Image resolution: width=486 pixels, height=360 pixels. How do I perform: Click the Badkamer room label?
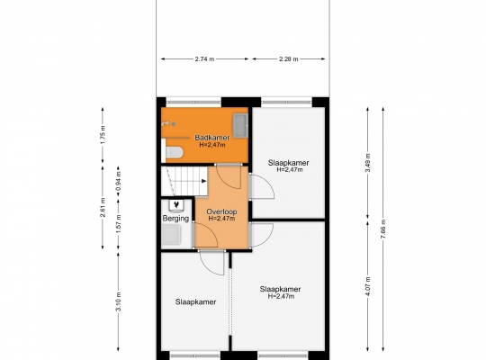212,138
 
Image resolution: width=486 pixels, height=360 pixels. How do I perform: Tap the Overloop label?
221,211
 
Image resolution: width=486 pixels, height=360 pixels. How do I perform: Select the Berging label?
175,219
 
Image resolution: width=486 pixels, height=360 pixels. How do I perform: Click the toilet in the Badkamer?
175,152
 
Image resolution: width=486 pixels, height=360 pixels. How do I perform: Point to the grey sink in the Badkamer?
240,125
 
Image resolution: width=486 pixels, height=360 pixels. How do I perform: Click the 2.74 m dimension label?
204,58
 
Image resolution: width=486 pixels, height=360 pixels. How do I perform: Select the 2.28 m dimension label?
289,58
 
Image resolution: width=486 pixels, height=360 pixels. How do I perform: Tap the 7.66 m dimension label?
383,229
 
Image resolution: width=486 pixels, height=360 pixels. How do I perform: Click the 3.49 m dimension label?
367,163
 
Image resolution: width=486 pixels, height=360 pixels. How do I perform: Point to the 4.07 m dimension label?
367,286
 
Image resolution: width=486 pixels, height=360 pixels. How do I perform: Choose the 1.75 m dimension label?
103,134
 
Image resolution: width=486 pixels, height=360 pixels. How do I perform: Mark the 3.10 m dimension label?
119,301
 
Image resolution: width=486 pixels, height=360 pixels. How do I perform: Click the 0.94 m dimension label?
119,181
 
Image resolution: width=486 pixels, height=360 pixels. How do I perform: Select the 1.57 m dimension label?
119,224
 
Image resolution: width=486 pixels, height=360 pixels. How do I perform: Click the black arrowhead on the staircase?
204,181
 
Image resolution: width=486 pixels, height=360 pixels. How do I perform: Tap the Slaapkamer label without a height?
195,302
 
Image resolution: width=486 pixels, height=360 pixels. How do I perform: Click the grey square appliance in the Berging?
171,234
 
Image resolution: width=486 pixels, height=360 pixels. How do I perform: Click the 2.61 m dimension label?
103,207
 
